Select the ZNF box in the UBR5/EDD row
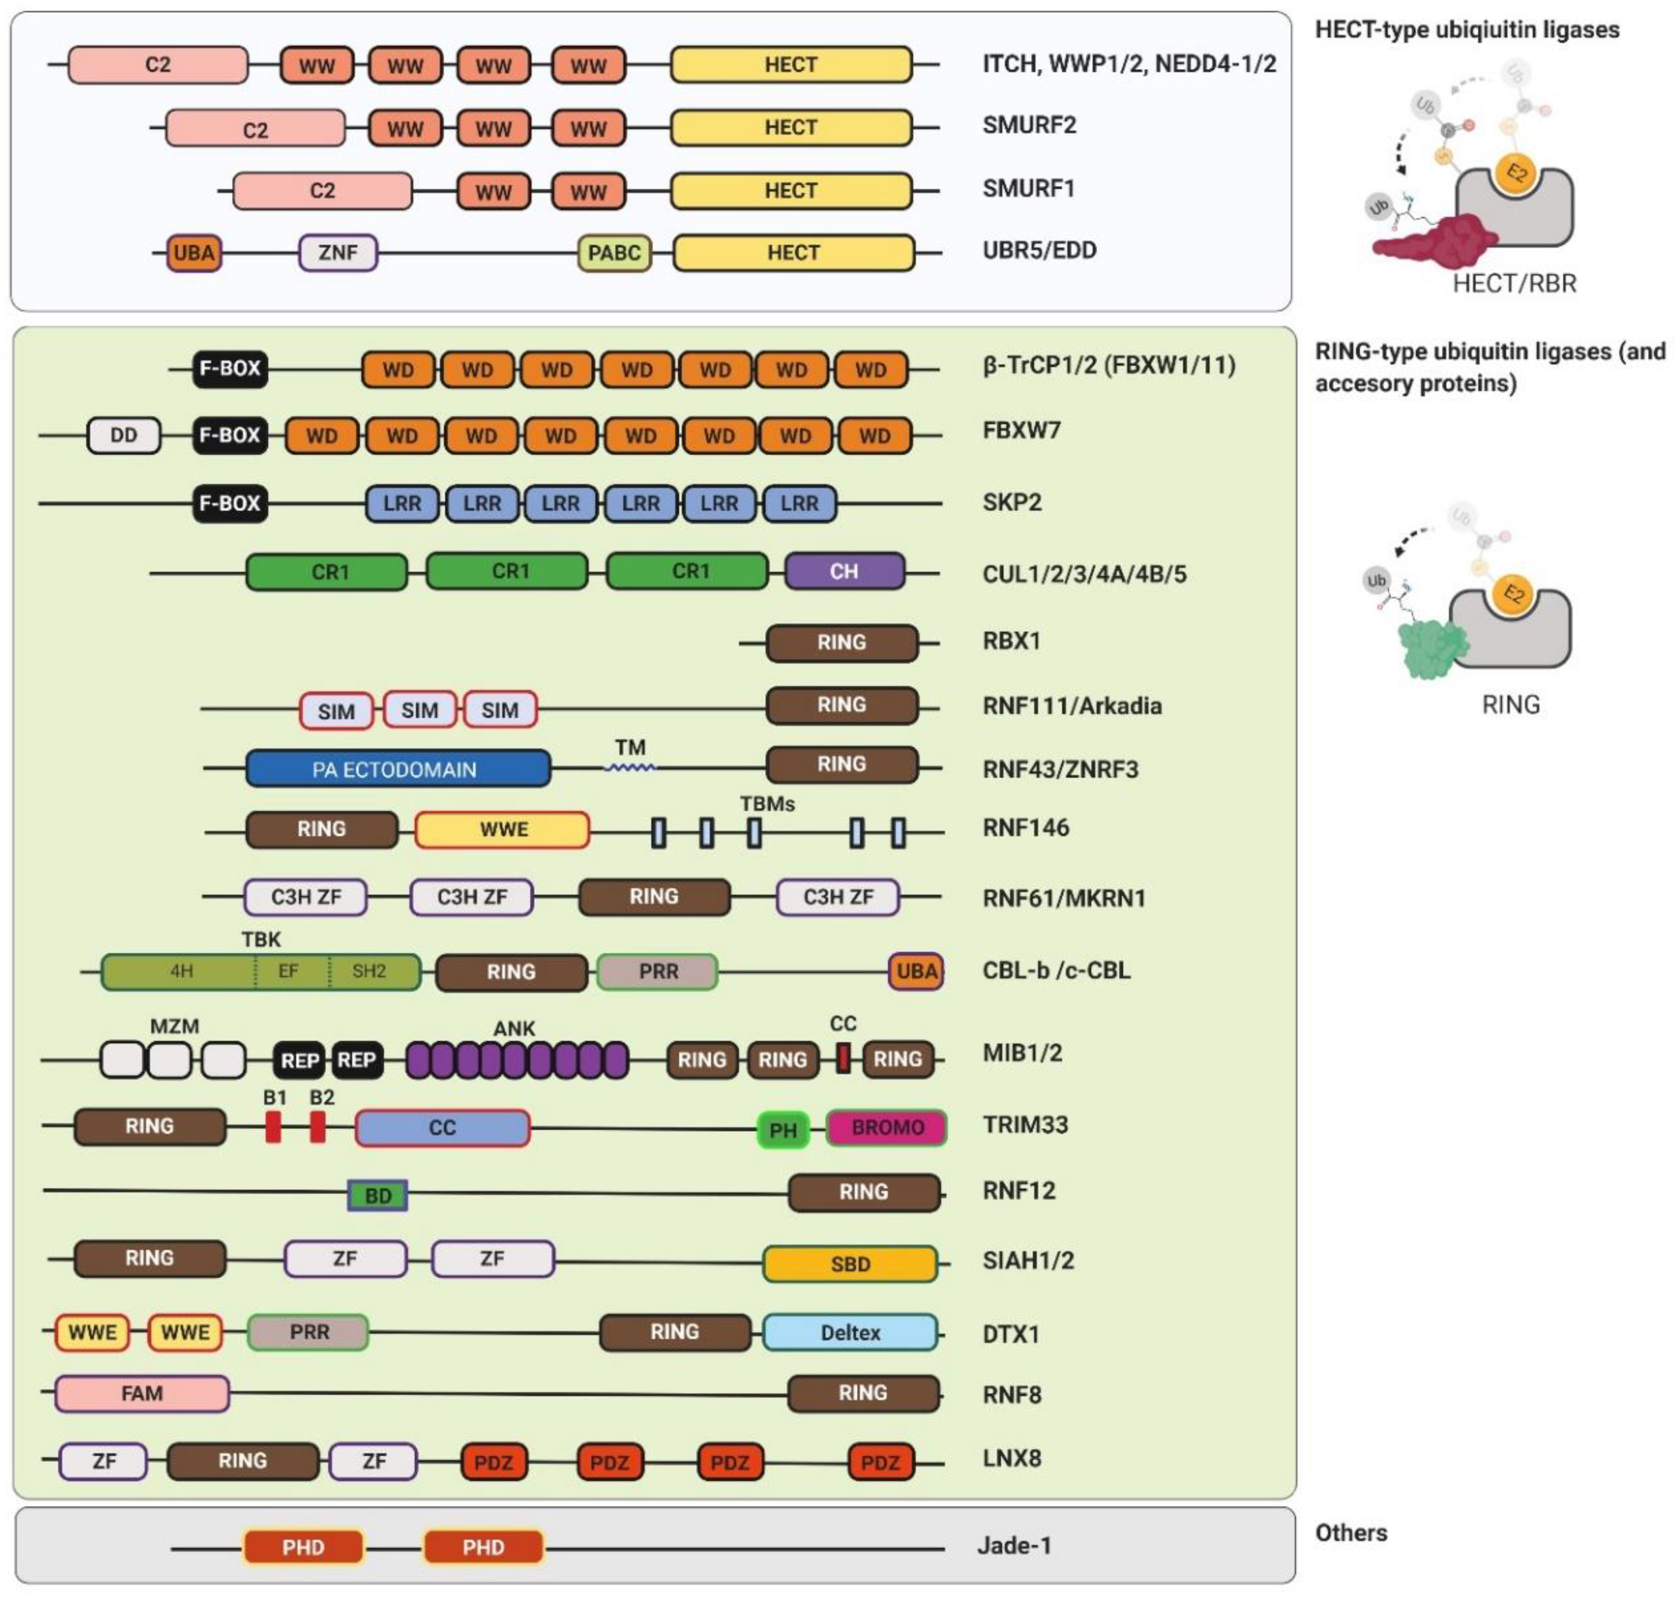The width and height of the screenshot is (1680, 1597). tap(337, 253)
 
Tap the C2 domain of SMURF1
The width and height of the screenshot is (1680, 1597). tap(322, 190)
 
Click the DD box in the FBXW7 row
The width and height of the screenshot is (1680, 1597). tap(123, 436)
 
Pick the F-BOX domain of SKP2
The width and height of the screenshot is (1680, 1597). tap(229, 503)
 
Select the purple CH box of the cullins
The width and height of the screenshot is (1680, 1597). tap(843, 571)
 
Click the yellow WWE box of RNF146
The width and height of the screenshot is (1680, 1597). tap(502, 830)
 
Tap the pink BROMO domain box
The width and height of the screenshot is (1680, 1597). tap(886, 1128)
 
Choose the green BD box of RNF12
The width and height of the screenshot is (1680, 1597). tap(377, 1195)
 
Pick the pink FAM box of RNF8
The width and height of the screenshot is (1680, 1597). tap(142, 1393)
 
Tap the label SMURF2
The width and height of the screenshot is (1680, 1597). tap(1029, 125)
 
